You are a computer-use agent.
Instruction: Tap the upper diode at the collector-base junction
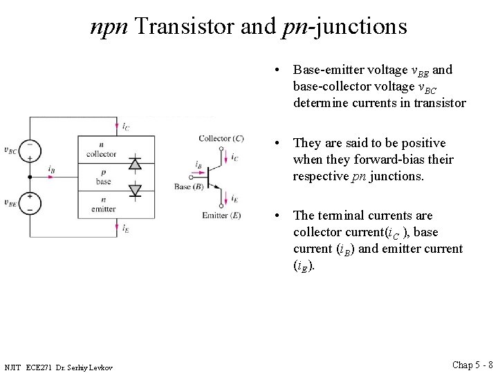[x=136, y=164]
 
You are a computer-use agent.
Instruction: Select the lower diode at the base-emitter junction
[x=136, y=189]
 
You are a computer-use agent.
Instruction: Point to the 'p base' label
[x=103, y=177]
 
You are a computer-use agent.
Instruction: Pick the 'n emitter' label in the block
[x=102, y=203]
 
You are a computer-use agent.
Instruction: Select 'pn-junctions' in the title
[x=345, y=26]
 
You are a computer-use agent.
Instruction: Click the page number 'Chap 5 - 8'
[x=472, y=364]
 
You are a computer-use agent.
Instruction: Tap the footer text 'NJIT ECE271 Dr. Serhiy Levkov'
[x=58, y=366]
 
